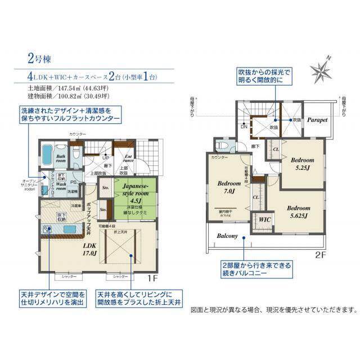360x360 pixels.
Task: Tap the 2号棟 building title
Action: click(39, 58)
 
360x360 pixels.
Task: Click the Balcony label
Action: click(227, 236)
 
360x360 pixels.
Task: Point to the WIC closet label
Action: click(262, 219)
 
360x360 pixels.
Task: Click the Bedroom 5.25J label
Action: click(303, 163)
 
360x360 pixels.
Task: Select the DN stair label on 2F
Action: click(244, 127)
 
